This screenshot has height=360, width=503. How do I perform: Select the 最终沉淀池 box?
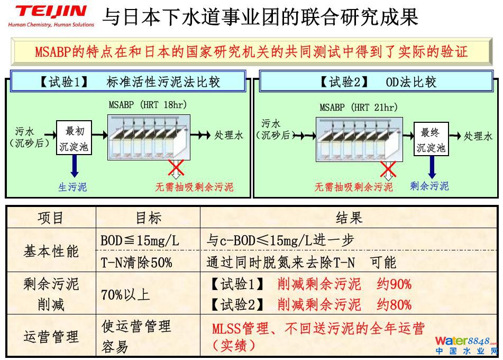click(x=431, y=140)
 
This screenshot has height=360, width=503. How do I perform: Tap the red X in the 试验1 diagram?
click(x=176, y=168)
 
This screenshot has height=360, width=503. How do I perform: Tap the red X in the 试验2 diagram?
click(x=389, y=170)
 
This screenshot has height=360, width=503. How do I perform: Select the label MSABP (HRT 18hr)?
click(x=148, y=105)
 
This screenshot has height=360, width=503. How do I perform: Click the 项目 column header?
click(x=51, y=218)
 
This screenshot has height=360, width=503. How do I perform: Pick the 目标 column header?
click(x=148, y=218)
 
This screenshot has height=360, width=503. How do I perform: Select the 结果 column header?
click(x=349, y=218)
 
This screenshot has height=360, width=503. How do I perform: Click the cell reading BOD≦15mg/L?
click(x=140, y=240)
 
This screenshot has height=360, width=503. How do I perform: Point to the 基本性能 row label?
click(x=51, y=251)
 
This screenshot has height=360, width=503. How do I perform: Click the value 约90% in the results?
click(x=394, y=284)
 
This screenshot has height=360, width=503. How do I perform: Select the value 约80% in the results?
click(x=394, y=305)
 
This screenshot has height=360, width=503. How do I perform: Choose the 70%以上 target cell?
click(x=125, y=295)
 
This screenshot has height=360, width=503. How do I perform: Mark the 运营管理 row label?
click(x=51, y=337)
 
